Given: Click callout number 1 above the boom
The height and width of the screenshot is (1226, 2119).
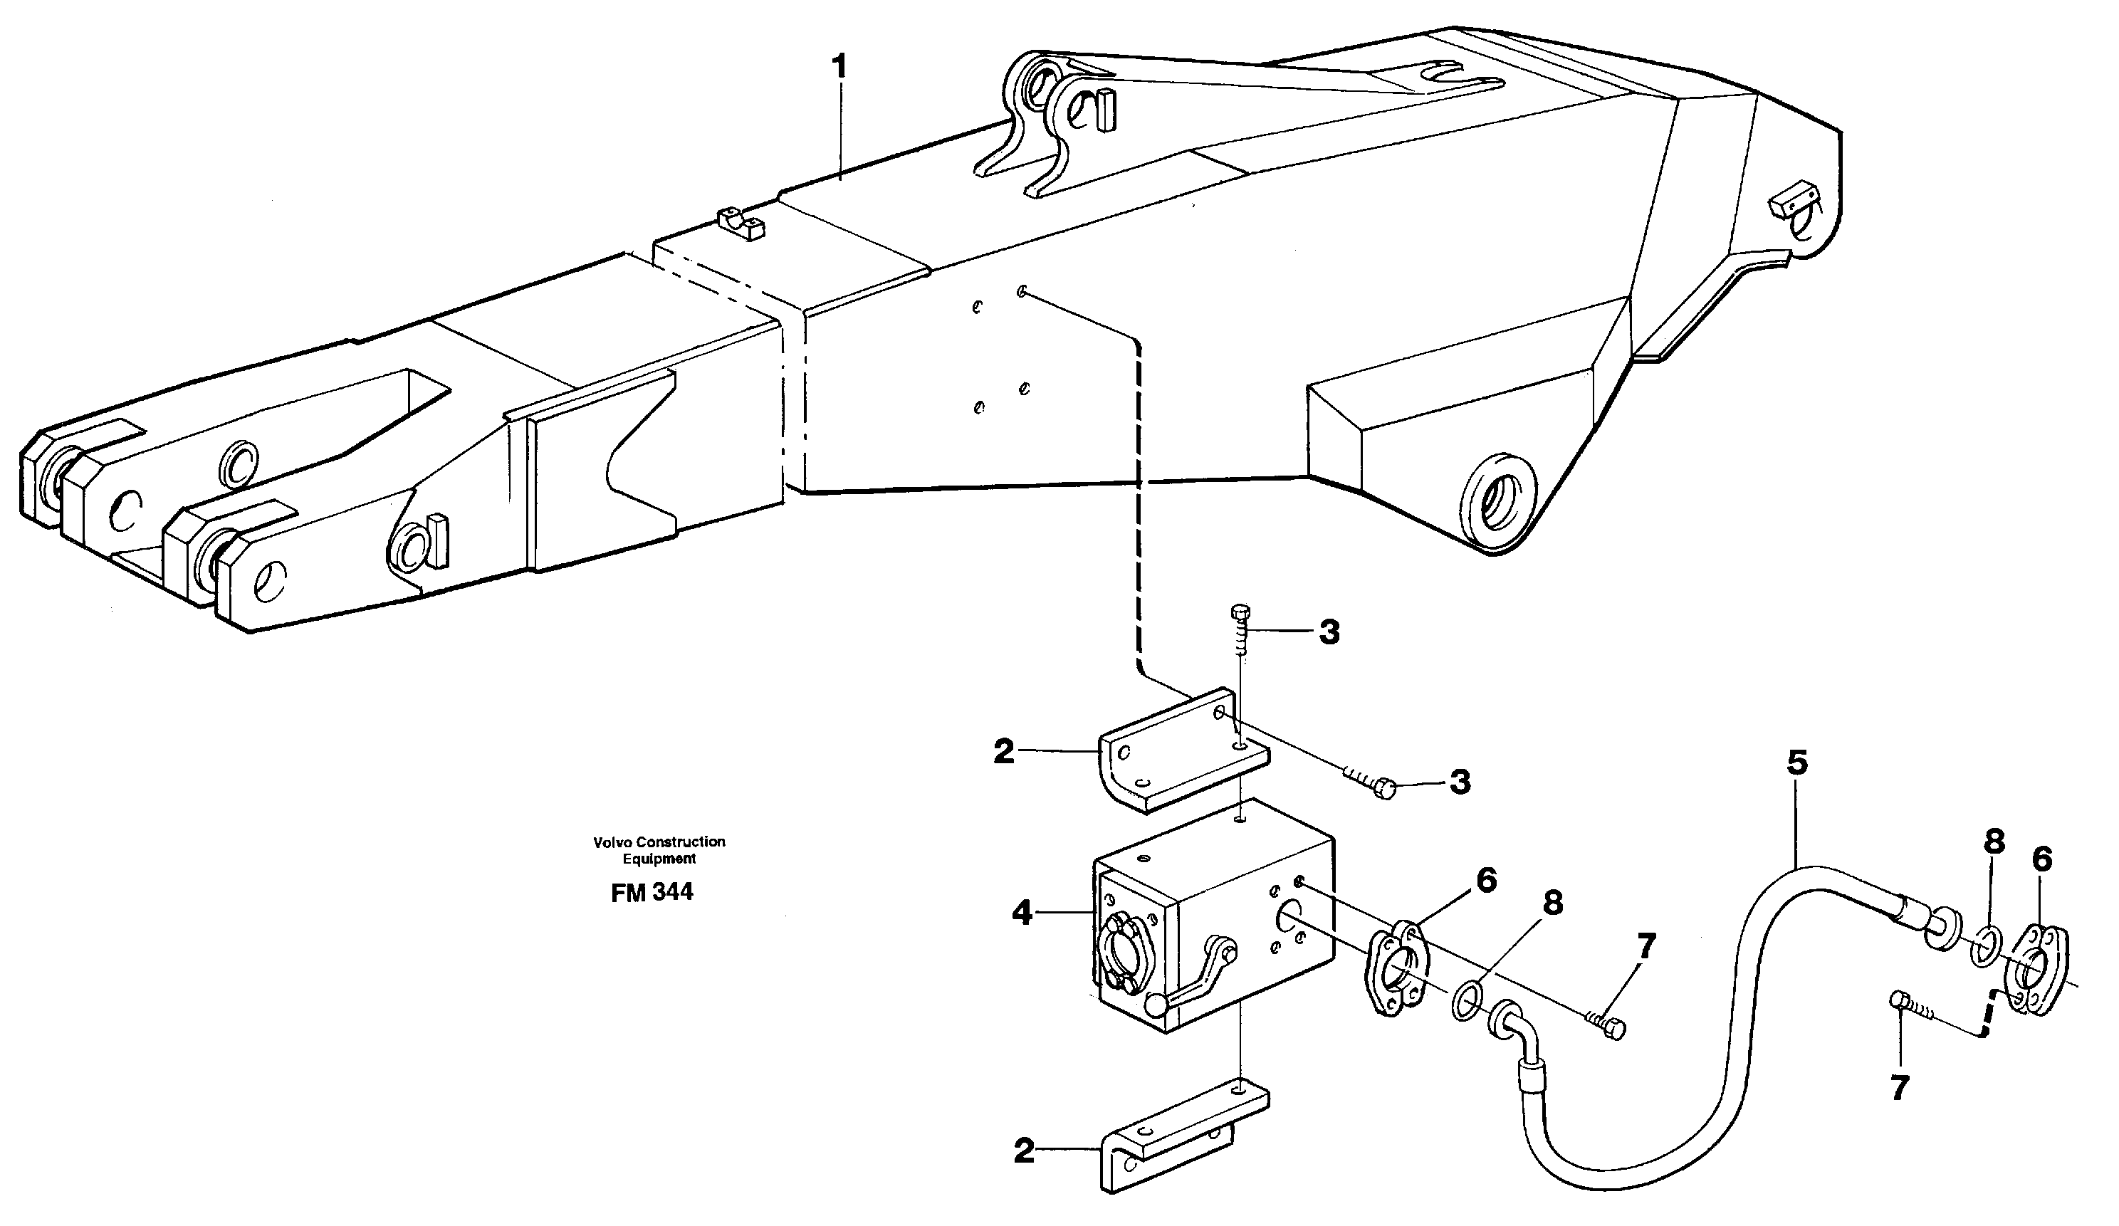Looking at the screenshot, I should [x=837, y=67].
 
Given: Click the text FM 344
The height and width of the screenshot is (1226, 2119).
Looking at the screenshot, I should [x=652, y=892].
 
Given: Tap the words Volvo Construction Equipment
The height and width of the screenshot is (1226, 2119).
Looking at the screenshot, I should [x=659, y=849].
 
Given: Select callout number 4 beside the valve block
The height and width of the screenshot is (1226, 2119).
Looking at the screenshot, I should [x=1022, y=912].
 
